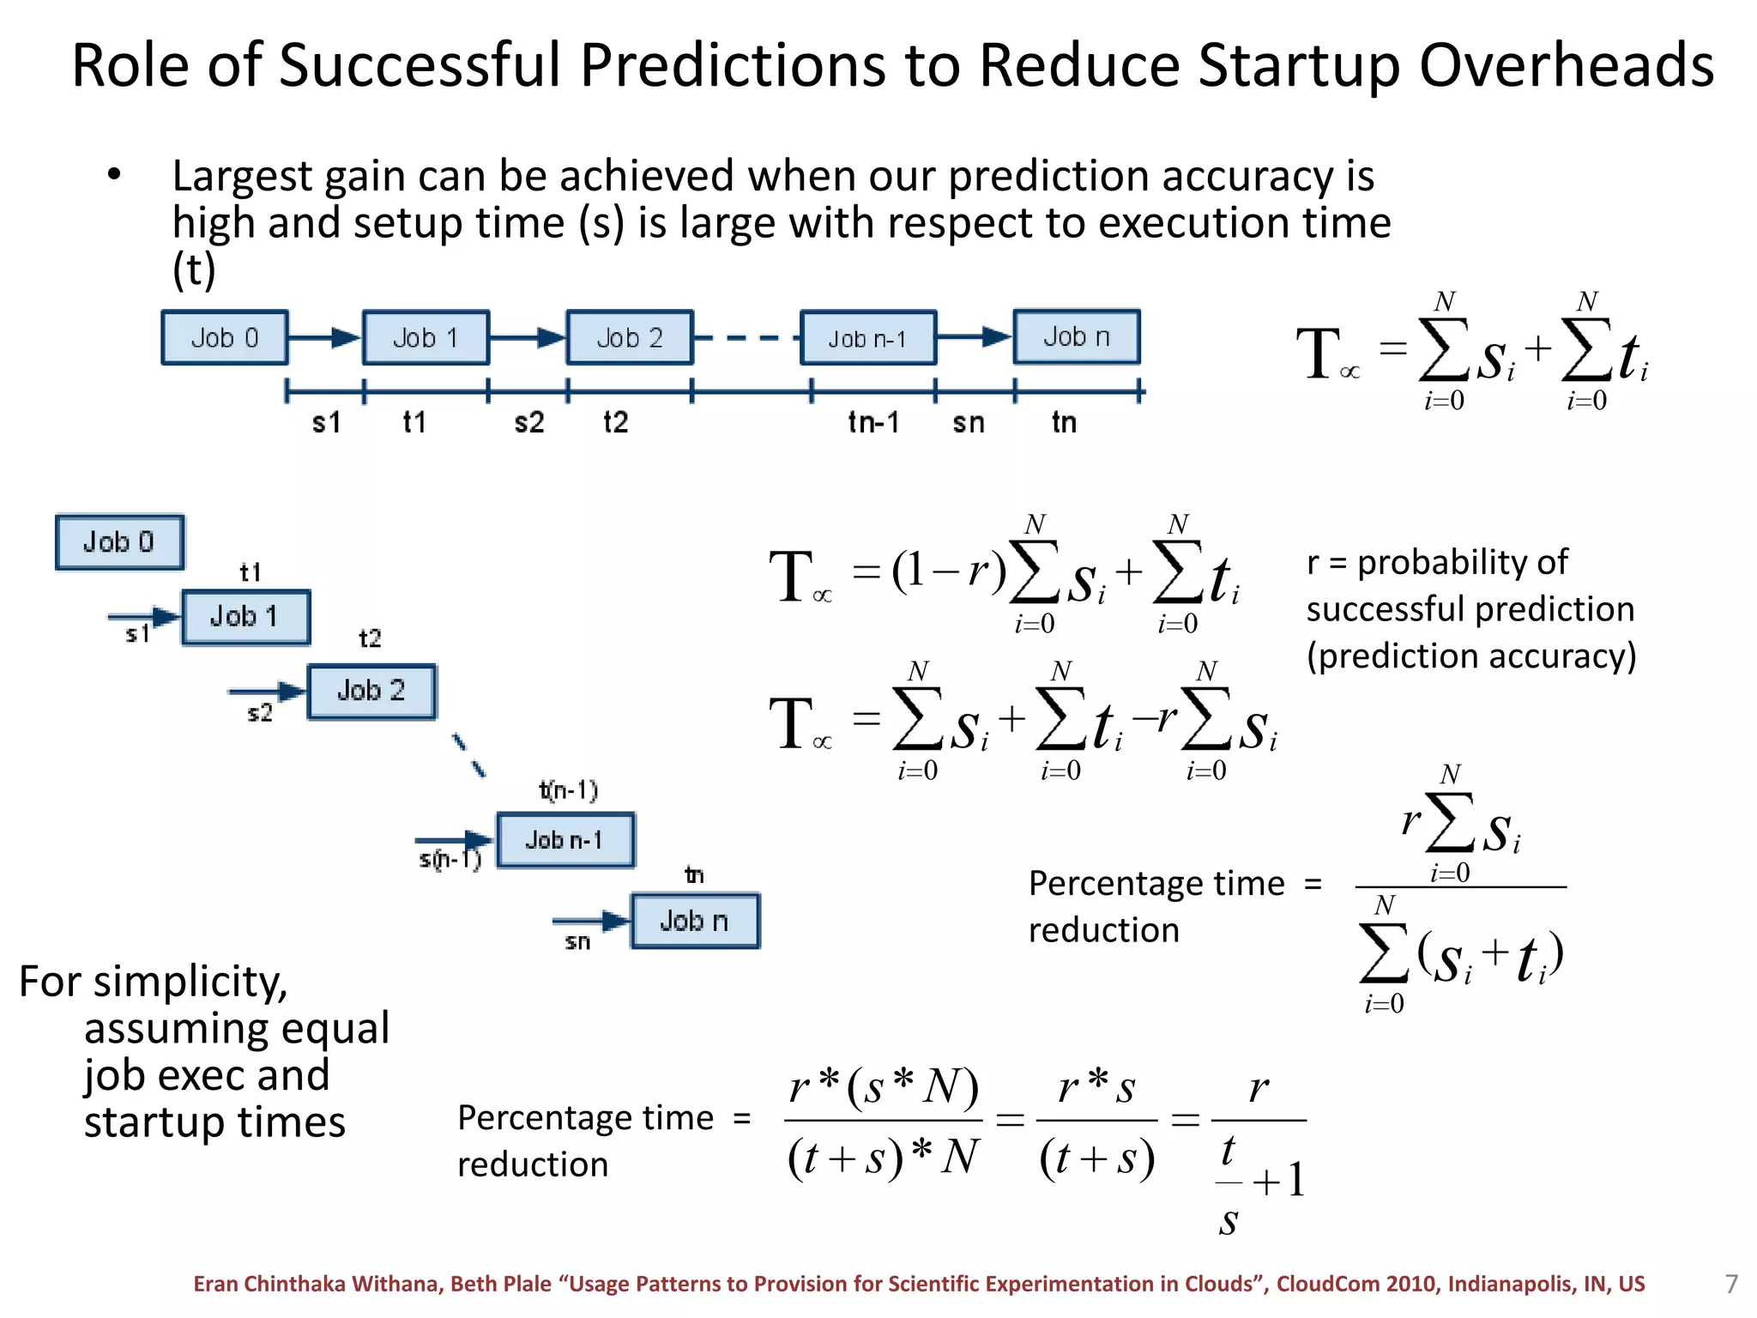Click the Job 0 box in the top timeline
(225, 338)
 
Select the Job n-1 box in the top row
(867, 339)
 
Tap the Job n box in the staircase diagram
(695, 921)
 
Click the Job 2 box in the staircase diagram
(371, 691)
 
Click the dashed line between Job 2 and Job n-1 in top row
(746, 338)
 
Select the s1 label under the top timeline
(326, 422)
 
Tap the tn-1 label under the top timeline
(873, 422)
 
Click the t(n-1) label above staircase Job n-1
(568, 790)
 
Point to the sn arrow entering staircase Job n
(591, 922)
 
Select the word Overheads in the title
(1567, 65)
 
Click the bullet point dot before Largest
(115, 175)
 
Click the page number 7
(1731, 1284)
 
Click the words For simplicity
(154, 982)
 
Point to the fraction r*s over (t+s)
(1096, 1121)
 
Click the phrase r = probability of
(1437, 563)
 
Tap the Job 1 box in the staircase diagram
(245, 617)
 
